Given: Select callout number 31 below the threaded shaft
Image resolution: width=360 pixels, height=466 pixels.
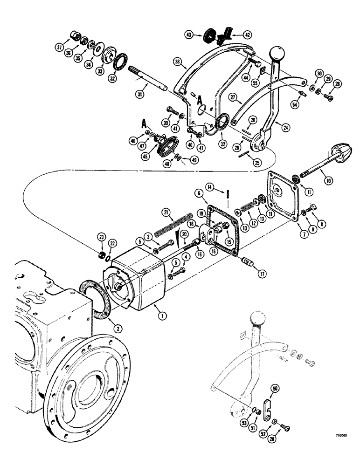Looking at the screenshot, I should point(138,95).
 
